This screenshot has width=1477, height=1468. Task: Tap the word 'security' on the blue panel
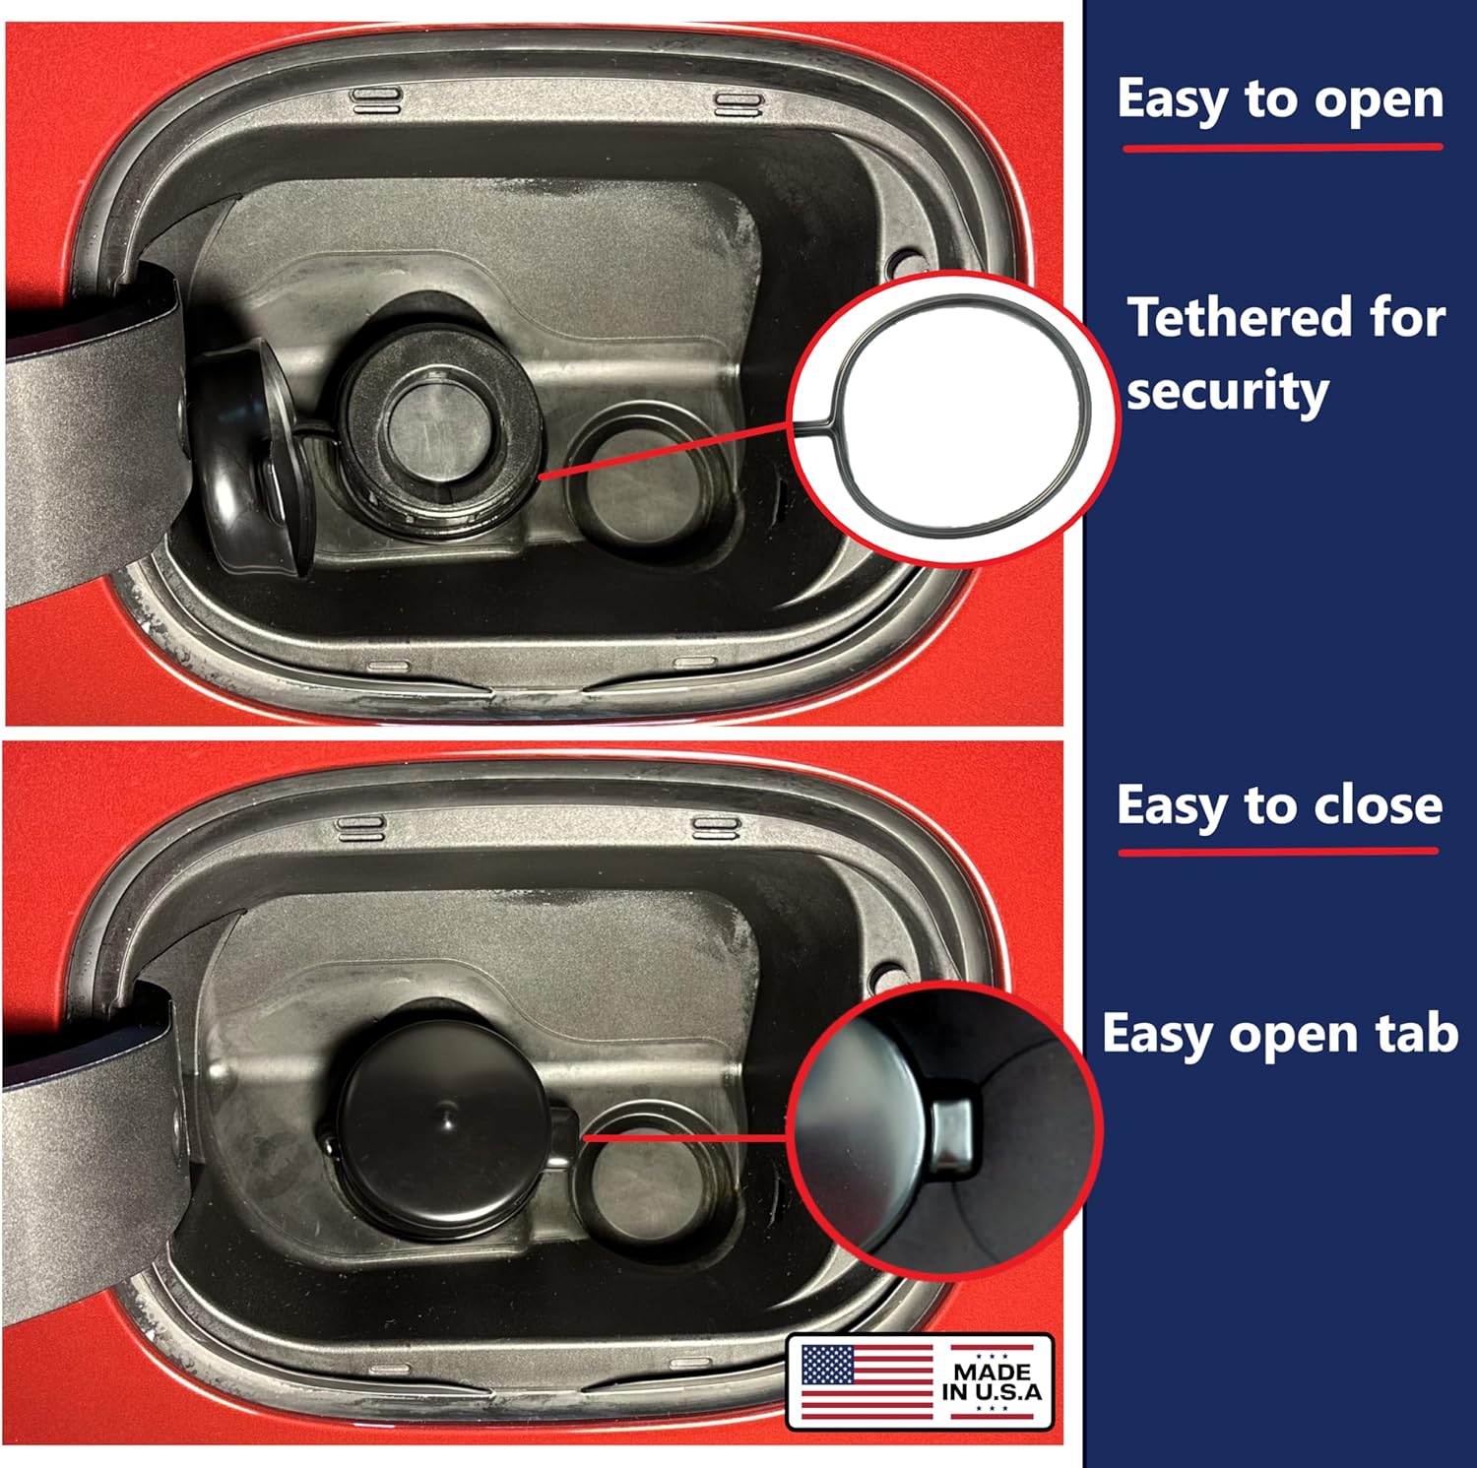tap(1227, 392)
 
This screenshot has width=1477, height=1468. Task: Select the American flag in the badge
tap(867, 1381)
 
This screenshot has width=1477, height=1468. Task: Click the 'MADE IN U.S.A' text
tap(992, 1381)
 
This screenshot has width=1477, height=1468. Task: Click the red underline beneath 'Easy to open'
tap(1283, 148)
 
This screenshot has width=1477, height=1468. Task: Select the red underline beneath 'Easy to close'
tap(1278, 851)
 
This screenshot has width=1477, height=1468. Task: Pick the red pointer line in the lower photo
tap(686, 1136)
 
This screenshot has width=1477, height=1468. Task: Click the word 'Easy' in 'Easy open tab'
tap(1158, 1036)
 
